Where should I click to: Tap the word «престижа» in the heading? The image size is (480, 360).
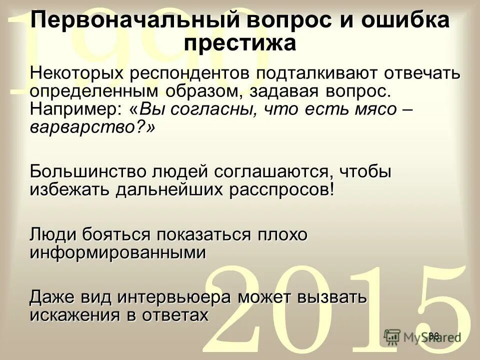tap(239, 43)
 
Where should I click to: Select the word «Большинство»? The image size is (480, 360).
tap(89, 171)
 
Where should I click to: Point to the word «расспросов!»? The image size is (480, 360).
tap(282, 189)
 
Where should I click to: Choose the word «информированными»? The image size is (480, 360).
tap(117, 252)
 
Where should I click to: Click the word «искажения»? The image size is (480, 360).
tap(80, 315)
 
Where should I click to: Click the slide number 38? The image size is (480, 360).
tap(433, 336)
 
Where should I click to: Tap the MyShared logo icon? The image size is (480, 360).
tap(392, 336)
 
